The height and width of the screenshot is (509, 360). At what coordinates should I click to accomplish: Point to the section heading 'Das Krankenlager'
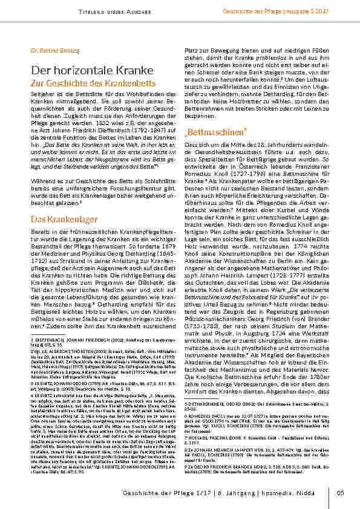click(x=64, y=218)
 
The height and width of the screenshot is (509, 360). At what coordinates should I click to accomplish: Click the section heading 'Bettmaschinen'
click(x=208, y=131)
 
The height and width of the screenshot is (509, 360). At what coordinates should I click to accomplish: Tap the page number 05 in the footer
click(x=340, y=493)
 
